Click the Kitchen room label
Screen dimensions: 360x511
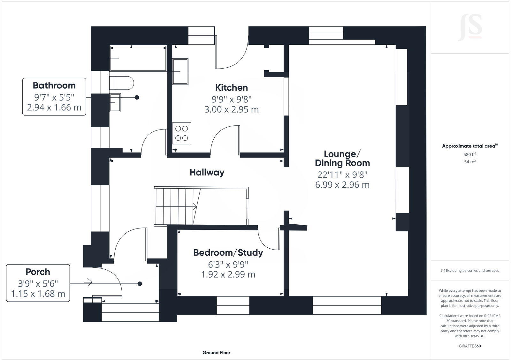click(231, 87)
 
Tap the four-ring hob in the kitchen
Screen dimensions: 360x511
click(181, 133)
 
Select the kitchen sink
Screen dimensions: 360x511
click(180, 71)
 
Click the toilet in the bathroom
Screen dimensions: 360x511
click(121, 83)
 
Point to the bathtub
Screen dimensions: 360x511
click(138, 58)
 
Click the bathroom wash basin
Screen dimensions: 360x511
click(115, 102)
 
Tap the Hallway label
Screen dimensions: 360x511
click(207, 172)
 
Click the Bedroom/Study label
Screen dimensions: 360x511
click(228, 252)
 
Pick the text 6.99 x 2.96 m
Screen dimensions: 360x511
click(342, 185)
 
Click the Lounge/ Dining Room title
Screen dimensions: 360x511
click(342, 158)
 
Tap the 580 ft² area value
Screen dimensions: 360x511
click(470, 154)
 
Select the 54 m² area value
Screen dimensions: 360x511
click(470, 162)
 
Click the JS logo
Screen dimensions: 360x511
click(470, 27)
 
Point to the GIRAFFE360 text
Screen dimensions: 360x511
click(470, 346)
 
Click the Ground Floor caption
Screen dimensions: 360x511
click(216, 353)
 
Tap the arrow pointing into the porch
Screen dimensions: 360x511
click(88, 282)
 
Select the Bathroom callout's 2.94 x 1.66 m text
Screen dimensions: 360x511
click(54, 108)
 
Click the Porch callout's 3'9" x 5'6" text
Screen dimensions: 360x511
click(38, 283)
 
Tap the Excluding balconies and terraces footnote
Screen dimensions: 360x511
click(470, 271)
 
